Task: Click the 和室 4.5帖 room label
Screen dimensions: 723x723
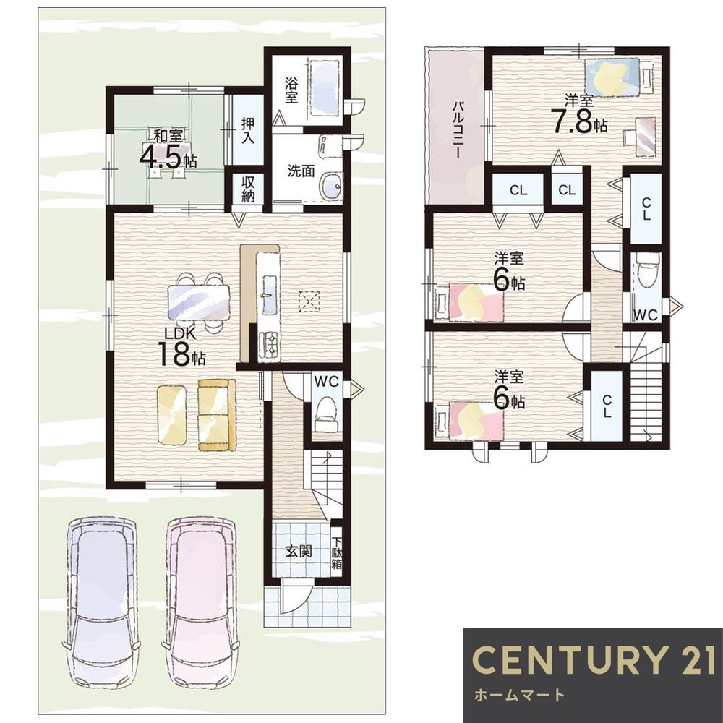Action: pos(168,148)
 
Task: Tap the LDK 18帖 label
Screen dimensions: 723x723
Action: pos(181,347)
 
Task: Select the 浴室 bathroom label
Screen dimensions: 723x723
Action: pos(291,90)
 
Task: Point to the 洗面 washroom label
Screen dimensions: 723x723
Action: pos(301,171)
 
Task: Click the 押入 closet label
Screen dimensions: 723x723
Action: pos(247,130)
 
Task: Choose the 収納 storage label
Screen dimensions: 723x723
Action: pos(247,189)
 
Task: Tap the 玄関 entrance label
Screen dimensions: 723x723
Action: pos(299,550)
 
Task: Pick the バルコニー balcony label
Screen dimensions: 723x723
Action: pos(458,130)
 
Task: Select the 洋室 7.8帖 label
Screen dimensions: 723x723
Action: pos(579,114)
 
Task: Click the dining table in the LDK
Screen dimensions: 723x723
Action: pos(199,302)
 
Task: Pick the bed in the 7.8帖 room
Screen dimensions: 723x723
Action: pos(613,76)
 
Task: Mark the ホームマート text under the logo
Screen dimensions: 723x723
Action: pos(519,695)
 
